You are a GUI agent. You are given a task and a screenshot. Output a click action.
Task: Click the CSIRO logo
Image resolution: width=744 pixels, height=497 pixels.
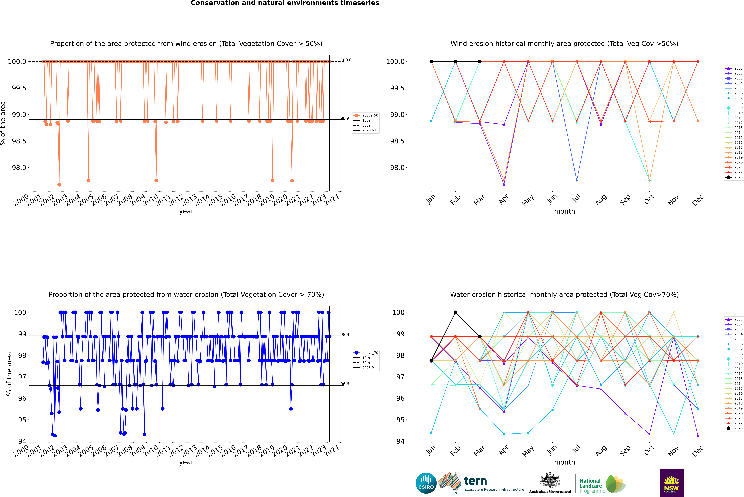[x=426, y=483]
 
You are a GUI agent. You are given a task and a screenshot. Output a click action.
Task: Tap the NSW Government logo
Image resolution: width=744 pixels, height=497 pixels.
[x=671, y=483]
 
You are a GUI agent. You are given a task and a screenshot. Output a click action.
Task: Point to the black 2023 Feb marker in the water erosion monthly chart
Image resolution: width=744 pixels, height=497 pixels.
[x=455, y=312]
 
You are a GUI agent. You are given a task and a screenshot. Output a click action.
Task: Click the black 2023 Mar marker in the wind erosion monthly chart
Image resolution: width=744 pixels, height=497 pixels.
[x=479, y=62]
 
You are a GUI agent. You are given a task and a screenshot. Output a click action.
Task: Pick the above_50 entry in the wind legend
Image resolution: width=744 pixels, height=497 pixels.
[x=370, y=115]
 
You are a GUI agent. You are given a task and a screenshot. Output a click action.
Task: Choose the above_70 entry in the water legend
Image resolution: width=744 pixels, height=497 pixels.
[x=370, y=353]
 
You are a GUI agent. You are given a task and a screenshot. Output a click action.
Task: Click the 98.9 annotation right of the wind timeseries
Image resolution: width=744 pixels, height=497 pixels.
[x=345, y=118]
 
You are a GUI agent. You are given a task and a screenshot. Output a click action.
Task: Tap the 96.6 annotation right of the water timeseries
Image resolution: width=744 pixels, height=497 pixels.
[x=345, y=384]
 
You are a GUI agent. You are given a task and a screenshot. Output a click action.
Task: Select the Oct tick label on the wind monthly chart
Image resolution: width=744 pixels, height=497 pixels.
[x=649, y=200]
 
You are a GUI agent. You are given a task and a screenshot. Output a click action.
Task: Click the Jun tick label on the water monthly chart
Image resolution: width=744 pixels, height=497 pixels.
[x=552, y=450]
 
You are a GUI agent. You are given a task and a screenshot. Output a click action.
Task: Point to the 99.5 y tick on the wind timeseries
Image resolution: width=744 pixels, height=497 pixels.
[x=19, y=88]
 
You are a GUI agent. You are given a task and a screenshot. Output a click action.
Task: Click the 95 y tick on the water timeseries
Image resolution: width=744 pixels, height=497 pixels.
[x=22, y=420]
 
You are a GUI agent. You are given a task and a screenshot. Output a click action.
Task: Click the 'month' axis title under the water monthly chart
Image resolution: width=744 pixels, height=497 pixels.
[x=564, y=462]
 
